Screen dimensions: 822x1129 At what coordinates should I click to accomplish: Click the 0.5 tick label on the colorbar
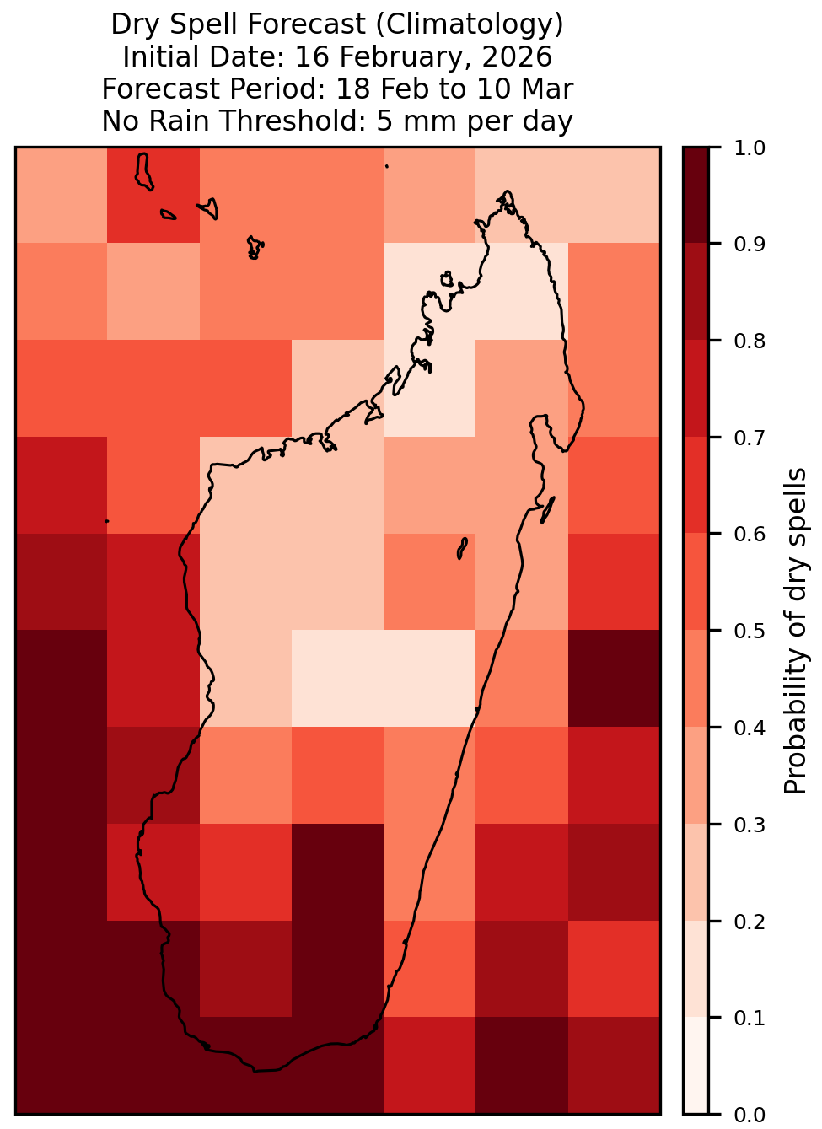coord(749,631)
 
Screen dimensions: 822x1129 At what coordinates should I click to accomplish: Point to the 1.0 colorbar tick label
coord(749,148)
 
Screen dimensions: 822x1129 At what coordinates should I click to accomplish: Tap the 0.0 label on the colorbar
coord(749,1115)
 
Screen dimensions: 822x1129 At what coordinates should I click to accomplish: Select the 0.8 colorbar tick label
coord(749,341)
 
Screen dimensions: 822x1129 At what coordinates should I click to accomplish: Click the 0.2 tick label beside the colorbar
coord(749,922)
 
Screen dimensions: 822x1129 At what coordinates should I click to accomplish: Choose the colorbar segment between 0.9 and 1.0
coord(696,196)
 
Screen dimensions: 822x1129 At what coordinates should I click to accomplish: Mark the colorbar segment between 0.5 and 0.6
coord(696,582)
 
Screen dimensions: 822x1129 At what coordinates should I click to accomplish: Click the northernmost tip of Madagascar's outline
coord(507,191)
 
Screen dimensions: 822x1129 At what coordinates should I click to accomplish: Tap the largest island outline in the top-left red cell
coord(143,172)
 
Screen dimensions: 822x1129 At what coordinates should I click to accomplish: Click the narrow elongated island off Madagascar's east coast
coord(548,510)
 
